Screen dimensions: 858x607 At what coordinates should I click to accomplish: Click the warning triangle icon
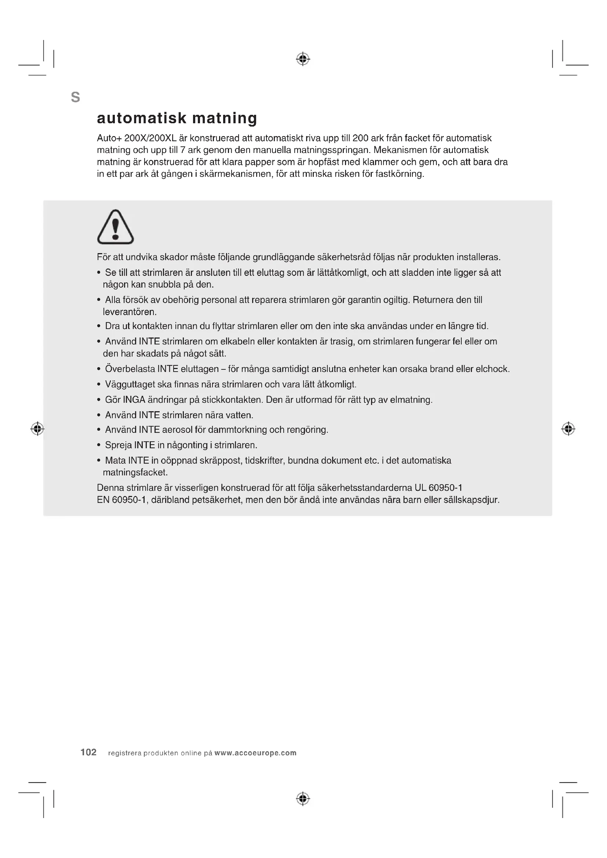click(x=115, y=227)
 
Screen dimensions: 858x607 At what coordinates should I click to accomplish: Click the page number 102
click(x=88, y=752)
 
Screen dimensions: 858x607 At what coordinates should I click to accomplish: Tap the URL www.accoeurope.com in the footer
click(x=255, y=753)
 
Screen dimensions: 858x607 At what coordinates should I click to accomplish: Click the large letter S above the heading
click(x=76, y=98)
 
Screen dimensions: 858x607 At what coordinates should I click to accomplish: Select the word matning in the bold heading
click(x=224, y=118)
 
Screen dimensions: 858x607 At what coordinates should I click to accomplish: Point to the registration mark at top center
click(x=303, y=59)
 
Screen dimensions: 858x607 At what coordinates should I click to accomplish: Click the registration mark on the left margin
click(x=37, y=428)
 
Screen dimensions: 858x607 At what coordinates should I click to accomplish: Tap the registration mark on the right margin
click(x=568, y=428)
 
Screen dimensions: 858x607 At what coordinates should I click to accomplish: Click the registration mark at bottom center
click(x=303, y=799)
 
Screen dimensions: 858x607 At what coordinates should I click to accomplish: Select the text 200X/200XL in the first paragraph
click(x=150, y=138)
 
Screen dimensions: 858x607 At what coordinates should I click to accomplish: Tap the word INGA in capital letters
click(x=134, y=400)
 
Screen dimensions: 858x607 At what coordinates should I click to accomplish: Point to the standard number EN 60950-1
click(x=121, y=500)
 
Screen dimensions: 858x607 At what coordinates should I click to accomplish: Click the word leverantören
click(x=129, y=312)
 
